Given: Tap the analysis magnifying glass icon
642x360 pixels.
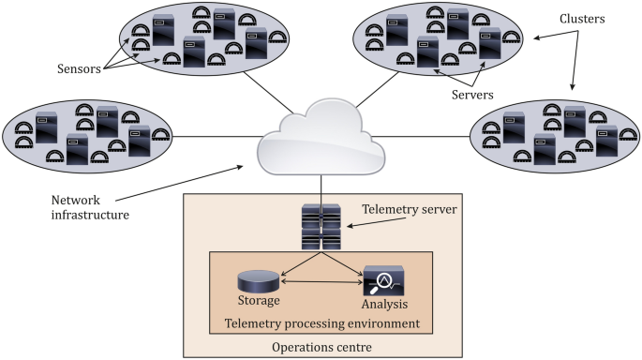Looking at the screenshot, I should point(383,279).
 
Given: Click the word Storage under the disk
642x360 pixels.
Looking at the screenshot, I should point(258,303).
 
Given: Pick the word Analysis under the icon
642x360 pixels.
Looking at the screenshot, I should point(384,305).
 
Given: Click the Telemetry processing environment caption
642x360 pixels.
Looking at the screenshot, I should point(321,323).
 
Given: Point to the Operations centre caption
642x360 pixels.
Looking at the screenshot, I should point(321,346).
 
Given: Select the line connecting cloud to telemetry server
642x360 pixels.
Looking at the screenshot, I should point(321,187).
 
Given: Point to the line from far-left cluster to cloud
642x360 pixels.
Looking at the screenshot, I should point(216,138).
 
